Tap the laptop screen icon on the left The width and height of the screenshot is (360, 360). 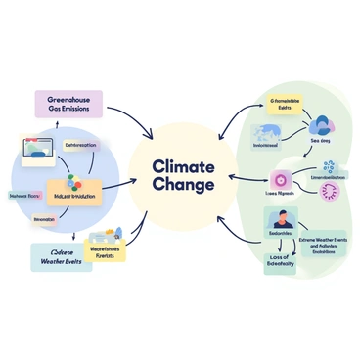[x=38, y=150]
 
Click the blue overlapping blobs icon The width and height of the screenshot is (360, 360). [x=321, y=124]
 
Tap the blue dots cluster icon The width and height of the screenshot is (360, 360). [x=328, y=167]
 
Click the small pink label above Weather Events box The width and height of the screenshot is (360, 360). [x=43, y=221]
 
